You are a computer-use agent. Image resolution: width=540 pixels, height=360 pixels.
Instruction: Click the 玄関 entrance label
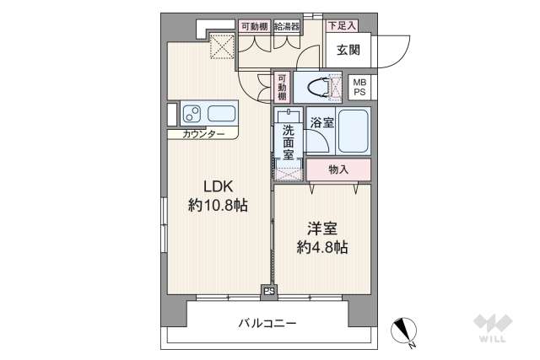pos(348,50)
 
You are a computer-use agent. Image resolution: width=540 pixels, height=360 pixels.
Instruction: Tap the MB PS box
pos(360,86)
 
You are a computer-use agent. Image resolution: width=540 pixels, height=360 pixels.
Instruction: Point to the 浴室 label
pos(321,123)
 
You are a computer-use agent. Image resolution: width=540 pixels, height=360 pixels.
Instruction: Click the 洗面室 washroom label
pos(288,142)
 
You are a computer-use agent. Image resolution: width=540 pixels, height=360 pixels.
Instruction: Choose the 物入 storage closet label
pos(337,169)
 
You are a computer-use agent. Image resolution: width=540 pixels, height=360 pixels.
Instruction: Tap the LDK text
pos(216,187)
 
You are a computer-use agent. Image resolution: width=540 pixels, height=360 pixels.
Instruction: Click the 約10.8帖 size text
pos(217,205)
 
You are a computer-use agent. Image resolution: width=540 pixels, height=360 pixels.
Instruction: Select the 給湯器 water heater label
pos(284,26)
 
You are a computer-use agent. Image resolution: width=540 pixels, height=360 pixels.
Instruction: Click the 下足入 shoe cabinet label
pos(342,26)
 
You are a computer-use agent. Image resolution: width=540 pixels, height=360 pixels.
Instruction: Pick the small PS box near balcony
pos(270,292)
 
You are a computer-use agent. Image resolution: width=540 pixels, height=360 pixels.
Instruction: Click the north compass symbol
pos(403,330)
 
